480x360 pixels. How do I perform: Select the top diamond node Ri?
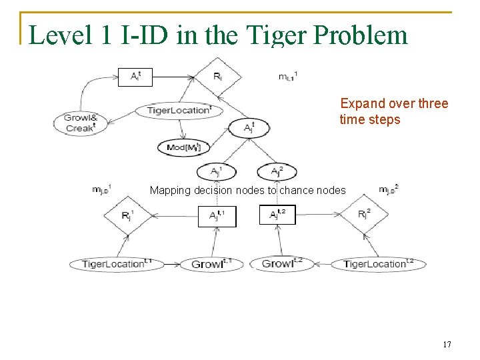pyautogui.click(x=218, y=77)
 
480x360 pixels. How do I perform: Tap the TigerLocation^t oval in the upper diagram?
pyautogui.click(x=179, y=111)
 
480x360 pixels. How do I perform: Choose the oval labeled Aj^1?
pyautogui.click(x=216, y=172)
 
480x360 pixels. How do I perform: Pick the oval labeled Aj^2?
pyautogui.click(x=277, y=172)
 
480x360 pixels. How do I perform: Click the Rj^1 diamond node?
pyautogui.click(x=127, y=215)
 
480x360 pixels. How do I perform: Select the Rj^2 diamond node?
pyautogui.click(x=363, y=215)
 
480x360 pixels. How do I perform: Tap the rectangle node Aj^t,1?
pyautogui.click(x=217, y=215)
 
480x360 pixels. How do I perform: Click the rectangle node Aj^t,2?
pyautogui.click(x=277, y=215)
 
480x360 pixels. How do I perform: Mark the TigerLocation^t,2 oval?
pyautogui.click(x=378, y=264)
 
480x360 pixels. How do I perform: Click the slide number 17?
pyautogui.click(x=447, y=345)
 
